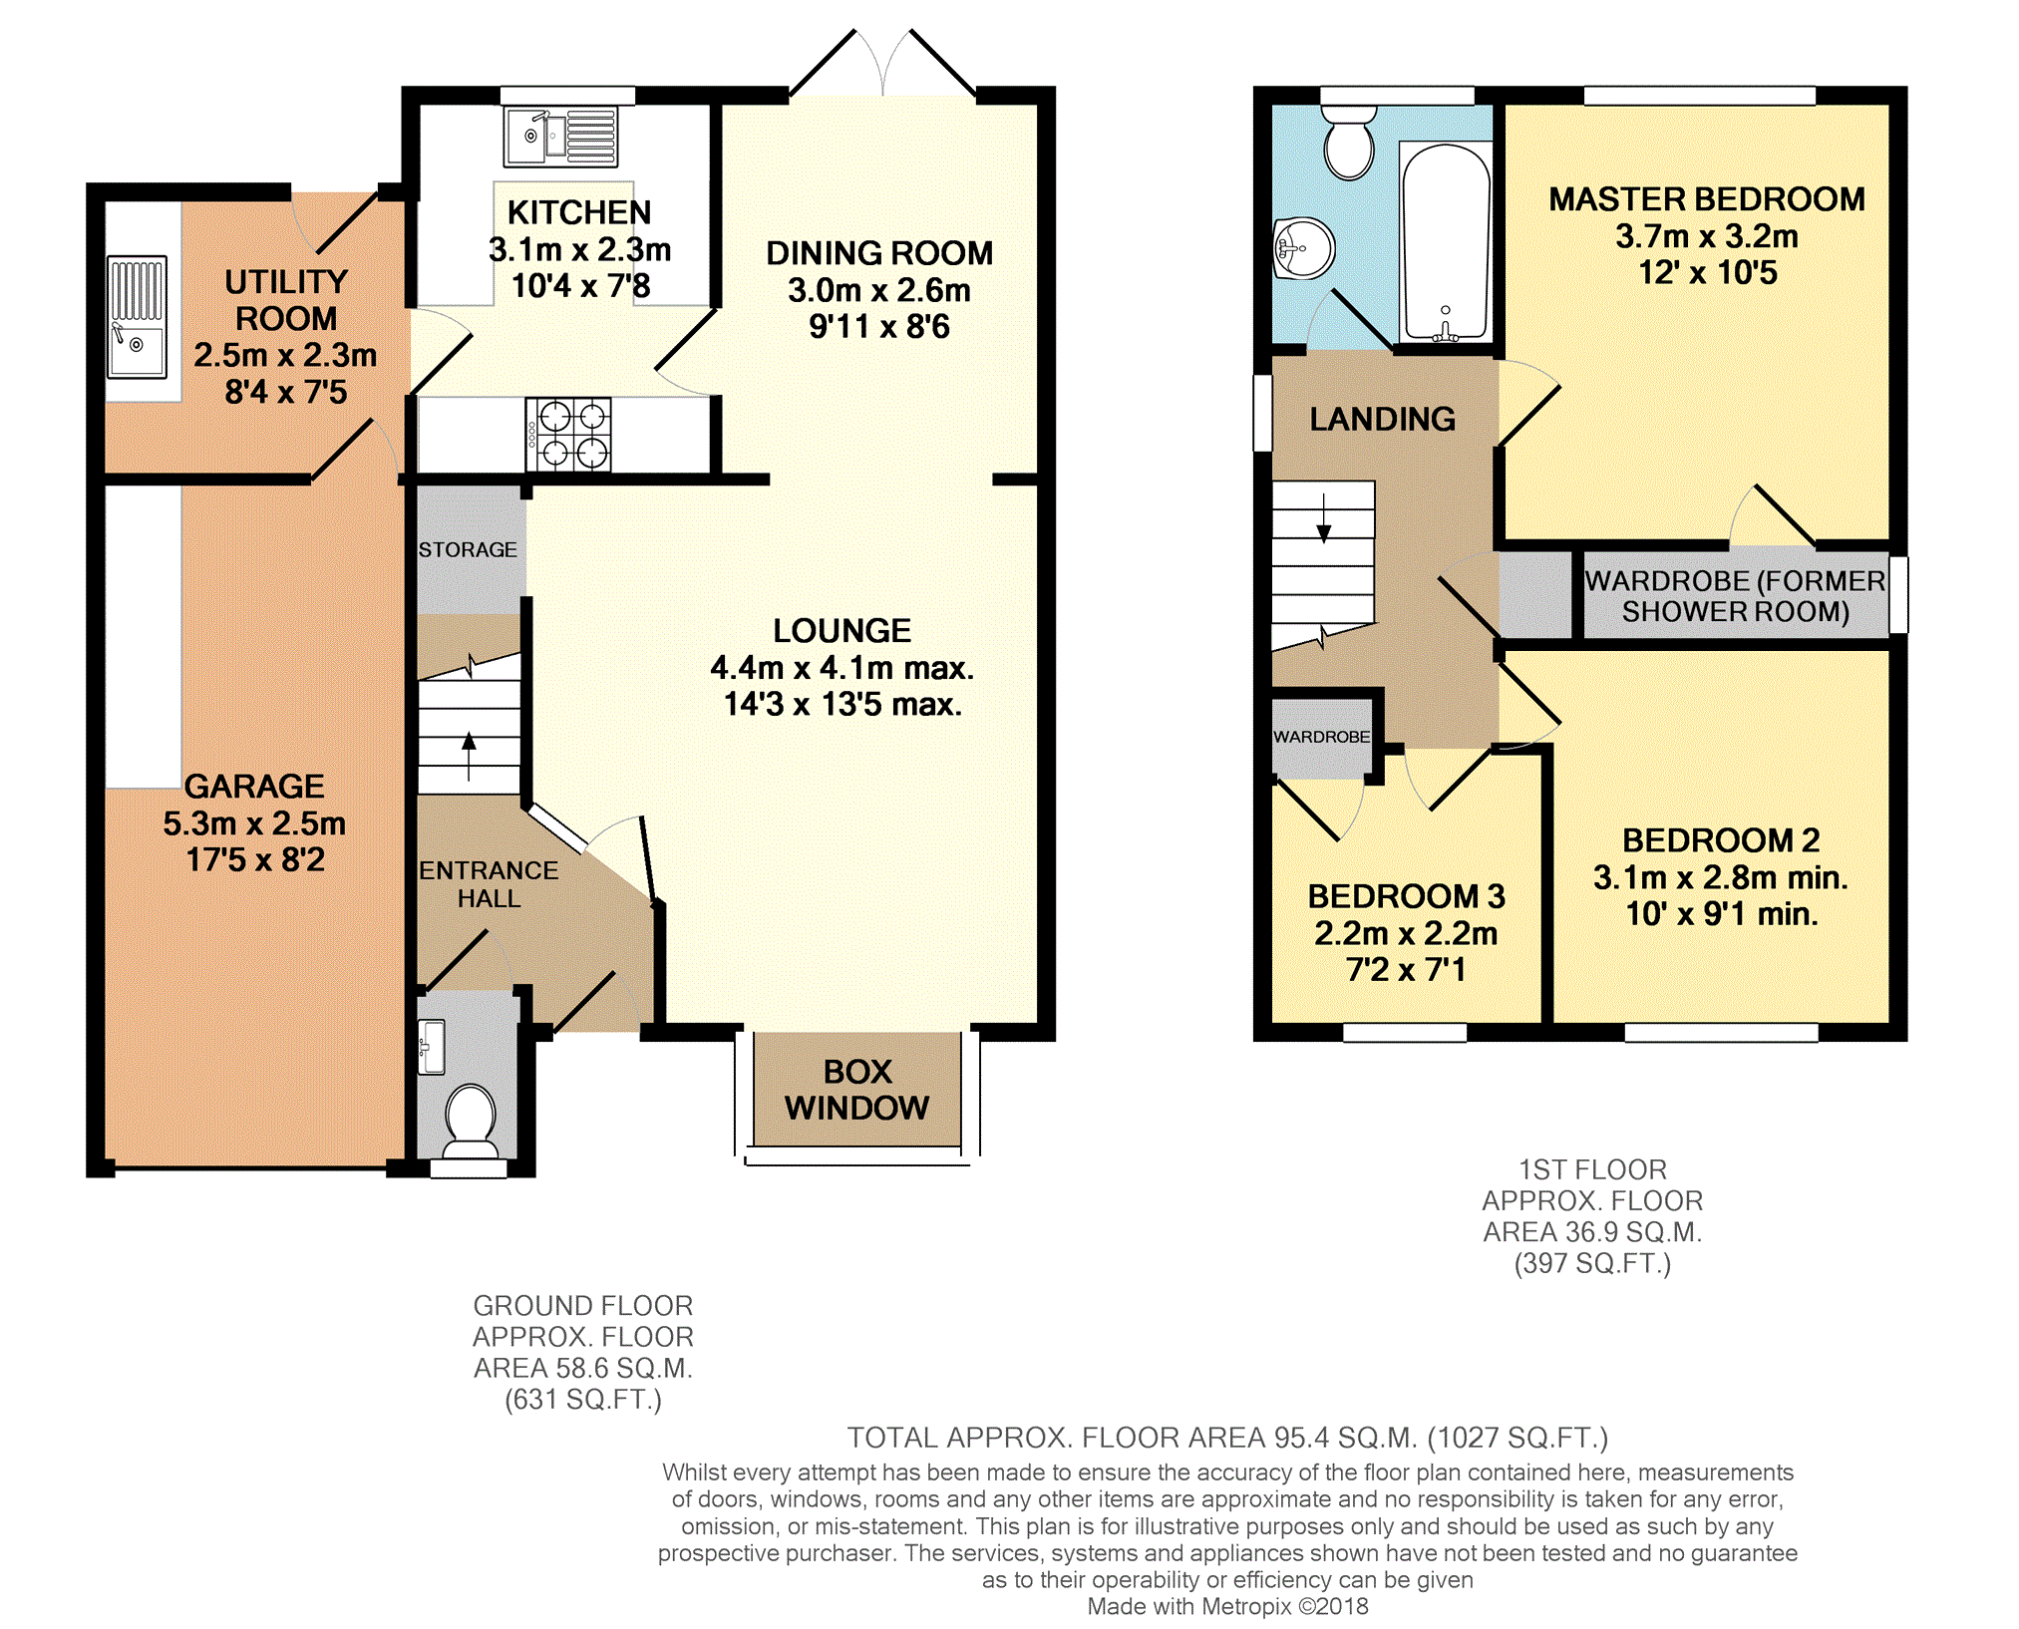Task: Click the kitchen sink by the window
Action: point(560,136)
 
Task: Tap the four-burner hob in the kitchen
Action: point(568,434)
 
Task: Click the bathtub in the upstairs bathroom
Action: point(1446,242)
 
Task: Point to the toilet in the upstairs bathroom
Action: point(1349,142)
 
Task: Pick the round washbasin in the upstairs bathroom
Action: point(1303,247)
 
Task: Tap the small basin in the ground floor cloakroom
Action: point(431,1047)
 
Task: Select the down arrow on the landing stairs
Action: point(1324,518)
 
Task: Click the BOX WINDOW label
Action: point(856,1090)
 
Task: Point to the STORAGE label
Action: point(468,549)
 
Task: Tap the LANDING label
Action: point(1382,419)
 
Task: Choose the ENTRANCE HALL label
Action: point(489,884)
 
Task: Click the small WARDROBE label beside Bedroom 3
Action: point(1321,737)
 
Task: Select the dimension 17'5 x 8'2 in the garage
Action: point(255,859)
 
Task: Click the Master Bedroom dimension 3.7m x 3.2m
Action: point(1707,236)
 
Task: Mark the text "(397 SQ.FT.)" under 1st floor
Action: point(1592,1263)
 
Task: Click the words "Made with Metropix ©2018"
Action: point(1227,1606)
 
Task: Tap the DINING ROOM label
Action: point(879,253)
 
